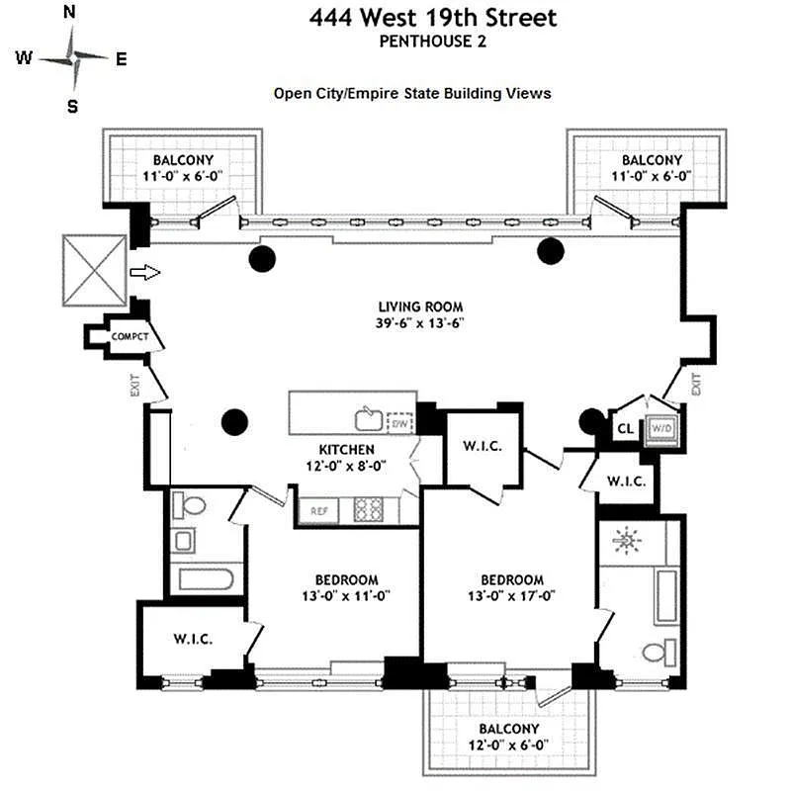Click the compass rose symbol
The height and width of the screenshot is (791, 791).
tap(73, 57)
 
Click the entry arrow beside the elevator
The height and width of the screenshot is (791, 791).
tap(144, 272)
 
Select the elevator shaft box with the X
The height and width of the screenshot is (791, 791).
tap(93, 271)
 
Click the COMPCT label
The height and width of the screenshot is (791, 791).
tap(130, 337)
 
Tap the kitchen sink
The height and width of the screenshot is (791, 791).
tap(369, 415)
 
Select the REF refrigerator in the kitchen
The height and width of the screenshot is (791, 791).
tap(318, 511)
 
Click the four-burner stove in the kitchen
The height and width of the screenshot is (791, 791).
tap(368, 509)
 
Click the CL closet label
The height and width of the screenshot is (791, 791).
tap(625, 429)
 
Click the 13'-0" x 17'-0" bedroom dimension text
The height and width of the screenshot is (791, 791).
tap(512, 596)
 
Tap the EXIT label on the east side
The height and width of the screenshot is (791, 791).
tap(695, 383)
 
